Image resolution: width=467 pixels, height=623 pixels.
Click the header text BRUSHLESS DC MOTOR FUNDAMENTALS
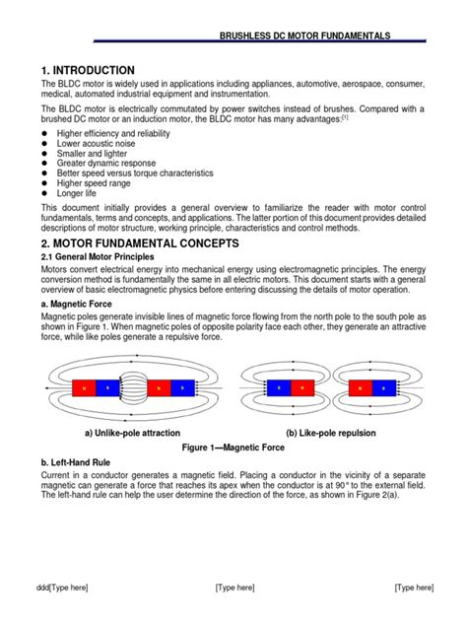(304, 35)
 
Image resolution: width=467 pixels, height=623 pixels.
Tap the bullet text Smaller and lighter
(100, 155)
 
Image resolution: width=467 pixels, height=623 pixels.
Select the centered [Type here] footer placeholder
(234, 588)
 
